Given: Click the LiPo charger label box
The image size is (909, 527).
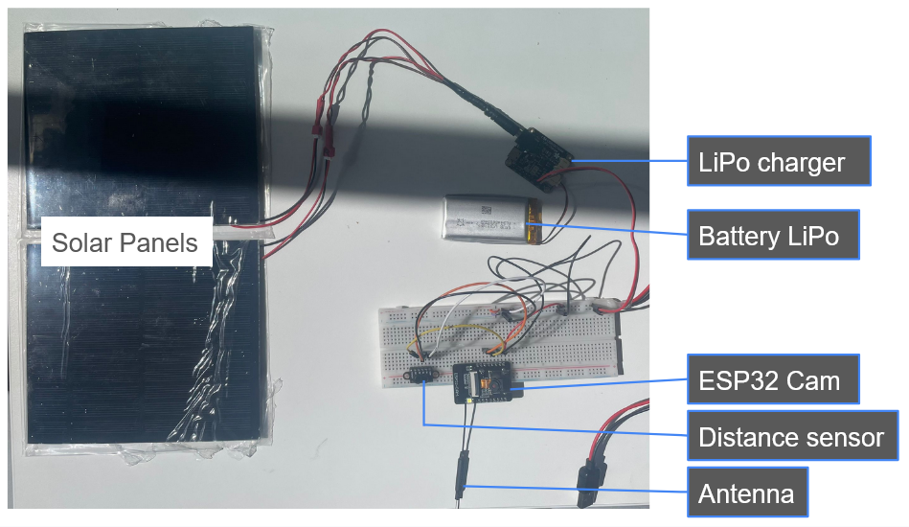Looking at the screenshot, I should coord(779,161).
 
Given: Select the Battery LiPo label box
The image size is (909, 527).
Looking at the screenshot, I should coord(772,235).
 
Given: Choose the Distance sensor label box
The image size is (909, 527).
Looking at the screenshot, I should coord(791,438).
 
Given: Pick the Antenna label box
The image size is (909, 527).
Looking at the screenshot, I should coord(747,493).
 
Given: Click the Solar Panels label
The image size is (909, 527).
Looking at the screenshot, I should coord(125,242).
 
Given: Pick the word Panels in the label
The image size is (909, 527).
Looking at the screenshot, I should coord(162,242).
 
